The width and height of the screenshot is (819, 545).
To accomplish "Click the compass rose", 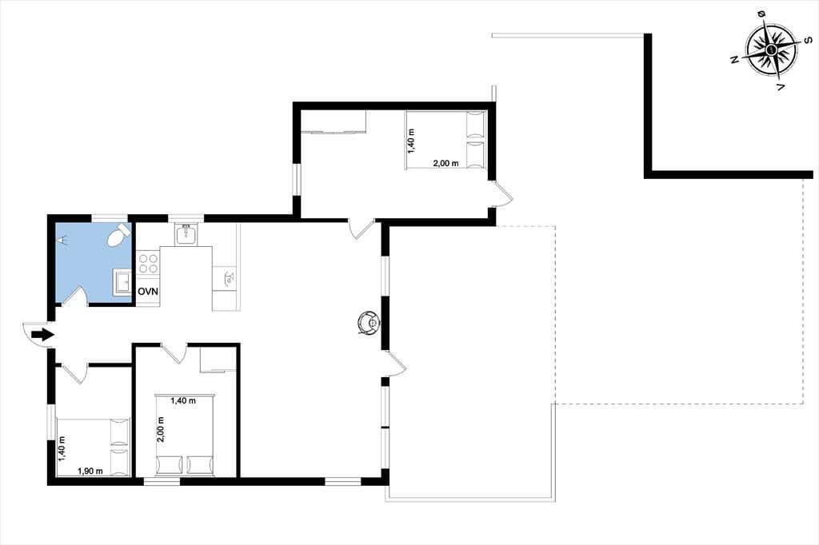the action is [772, 50].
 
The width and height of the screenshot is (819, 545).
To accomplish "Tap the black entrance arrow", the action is [42, 335].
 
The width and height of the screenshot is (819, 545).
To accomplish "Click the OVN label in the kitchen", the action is [148, 292].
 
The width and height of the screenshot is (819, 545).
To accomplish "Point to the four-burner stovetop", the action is [148, 263].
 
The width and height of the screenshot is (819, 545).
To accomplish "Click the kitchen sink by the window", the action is [186, 234].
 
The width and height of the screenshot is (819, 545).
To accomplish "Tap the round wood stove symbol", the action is [369, 323].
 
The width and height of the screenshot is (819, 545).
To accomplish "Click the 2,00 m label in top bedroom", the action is [446, 163].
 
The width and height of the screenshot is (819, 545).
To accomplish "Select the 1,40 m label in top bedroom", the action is [411, 141].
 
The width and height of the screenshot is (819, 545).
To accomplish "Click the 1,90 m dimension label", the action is [90, 471].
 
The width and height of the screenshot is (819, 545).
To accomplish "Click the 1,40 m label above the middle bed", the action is [183, 401].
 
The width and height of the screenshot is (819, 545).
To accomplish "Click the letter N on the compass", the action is [734, 59].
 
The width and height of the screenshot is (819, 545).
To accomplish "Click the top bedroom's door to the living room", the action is [361, 229].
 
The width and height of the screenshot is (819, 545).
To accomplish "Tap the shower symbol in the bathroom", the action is [62, 240].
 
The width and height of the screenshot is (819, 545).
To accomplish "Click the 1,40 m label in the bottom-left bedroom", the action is [62, 449].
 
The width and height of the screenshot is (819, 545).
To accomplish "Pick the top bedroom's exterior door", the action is [502, 194].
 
